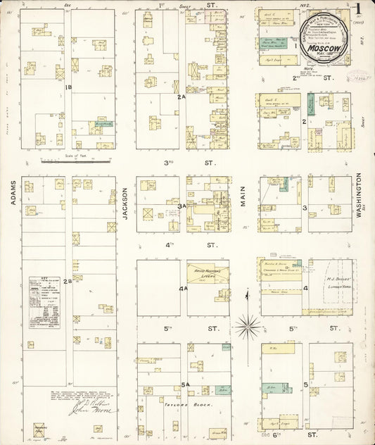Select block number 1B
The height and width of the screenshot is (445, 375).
(69, 87)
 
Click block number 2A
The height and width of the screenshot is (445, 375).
(182, 96)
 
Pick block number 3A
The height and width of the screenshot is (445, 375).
(182, 206)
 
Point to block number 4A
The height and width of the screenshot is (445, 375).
(182, 289)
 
